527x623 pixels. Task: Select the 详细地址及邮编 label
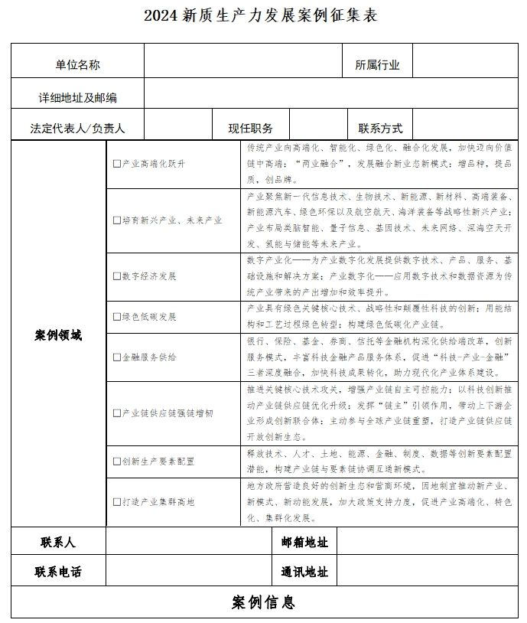(x=77, y=98)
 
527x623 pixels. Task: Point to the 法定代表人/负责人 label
(x=77, y=129)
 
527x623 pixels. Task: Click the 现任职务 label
(x=250, y=129)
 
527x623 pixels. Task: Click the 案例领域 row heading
(x=58, y=335)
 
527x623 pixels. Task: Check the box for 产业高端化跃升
(x=117, y=164)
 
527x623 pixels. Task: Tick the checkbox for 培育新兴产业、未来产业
(x=117, y=220)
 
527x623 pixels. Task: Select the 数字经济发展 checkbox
(x=117, y=276)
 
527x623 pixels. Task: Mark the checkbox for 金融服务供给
(x=117, y=357)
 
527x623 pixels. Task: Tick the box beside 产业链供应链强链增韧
(x=117, y=413)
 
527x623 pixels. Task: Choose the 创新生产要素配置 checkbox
(x=117, y=462)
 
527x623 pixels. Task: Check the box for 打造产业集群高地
(x=117, y=502)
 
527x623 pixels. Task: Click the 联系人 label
(x=58, y=542)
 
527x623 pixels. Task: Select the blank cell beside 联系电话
(x=188, y=572)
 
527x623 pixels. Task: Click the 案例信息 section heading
(x=263, y=602)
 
